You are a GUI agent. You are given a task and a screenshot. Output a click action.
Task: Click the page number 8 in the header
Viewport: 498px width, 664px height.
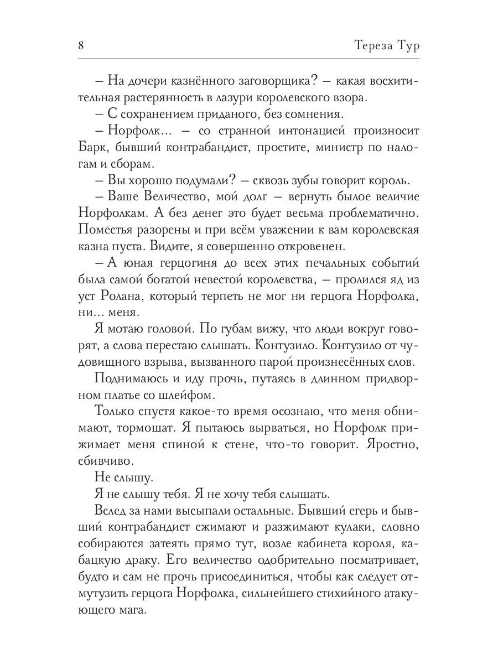81,45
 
